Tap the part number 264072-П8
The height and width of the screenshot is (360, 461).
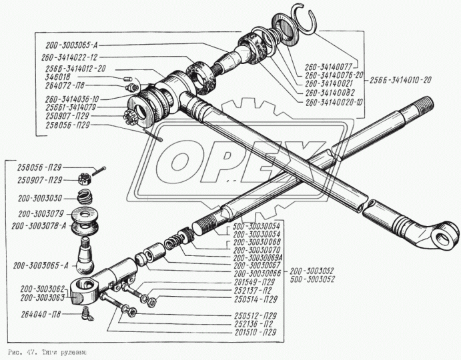[x=66, y=85]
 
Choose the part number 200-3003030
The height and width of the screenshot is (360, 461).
[x=41, y=198]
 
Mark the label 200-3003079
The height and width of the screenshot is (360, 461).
[x=41, y=215]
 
